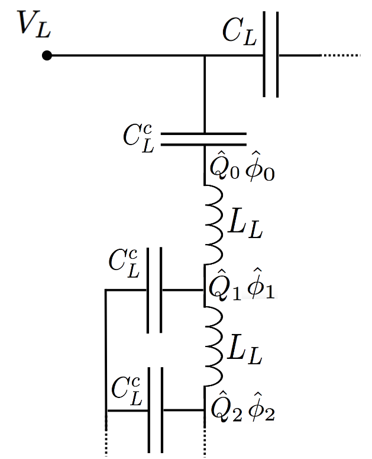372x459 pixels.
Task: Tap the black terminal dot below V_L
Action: tap(47, 56)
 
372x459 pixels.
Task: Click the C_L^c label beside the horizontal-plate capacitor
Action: tap(139, 137)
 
